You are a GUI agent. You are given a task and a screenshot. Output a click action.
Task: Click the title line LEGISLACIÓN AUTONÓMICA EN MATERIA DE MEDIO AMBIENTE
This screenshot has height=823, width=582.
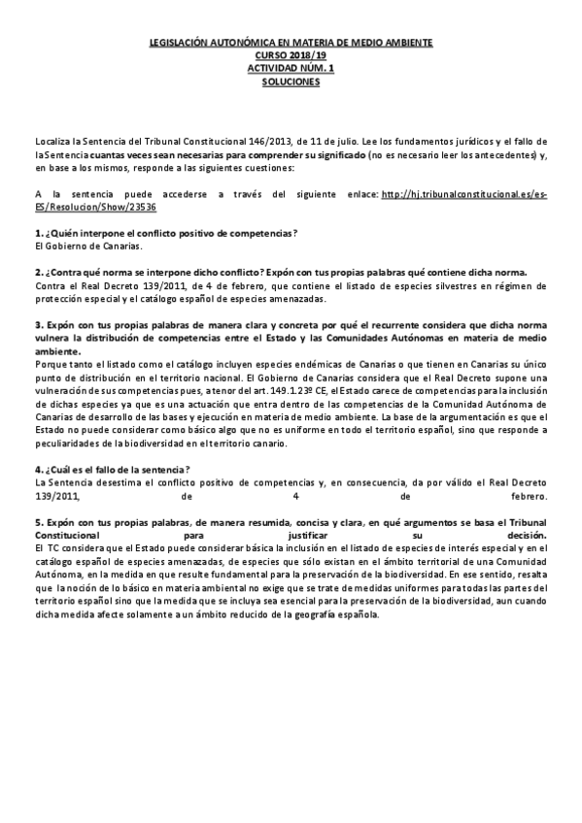tap(291, 45)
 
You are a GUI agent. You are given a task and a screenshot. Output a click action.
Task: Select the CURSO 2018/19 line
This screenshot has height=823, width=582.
tap(291, 57)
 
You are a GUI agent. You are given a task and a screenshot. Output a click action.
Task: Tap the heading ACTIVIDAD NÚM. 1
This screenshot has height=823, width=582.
tap(291, 70)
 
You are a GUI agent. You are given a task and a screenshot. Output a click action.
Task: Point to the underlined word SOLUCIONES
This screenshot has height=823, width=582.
tap(291, 82)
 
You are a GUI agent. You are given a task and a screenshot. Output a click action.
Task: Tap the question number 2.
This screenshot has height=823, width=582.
tap(37, 273)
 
